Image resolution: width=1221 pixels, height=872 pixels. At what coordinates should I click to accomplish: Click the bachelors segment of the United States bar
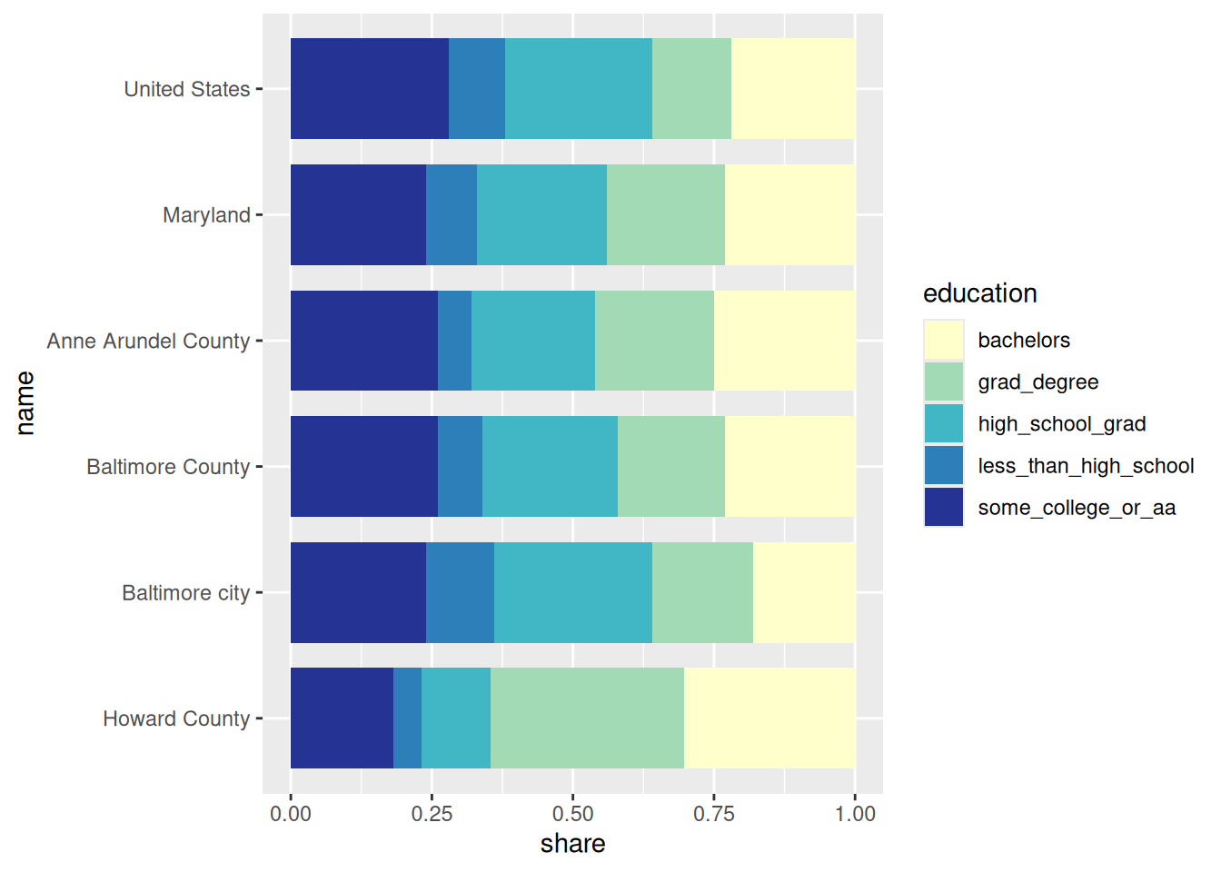792,88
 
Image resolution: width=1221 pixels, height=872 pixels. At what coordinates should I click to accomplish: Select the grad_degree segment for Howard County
587,718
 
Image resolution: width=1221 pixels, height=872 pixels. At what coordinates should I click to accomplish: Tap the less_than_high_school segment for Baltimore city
460,592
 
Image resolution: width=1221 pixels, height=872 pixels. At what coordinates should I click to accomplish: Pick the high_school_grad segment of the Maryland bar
541,214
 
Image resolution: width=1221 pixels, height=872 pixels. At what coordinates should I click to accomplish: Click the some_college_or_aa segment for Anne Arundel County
364,341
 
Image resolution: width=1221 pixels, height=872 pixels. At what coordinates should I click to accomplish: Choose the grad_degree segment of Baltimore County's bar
671,467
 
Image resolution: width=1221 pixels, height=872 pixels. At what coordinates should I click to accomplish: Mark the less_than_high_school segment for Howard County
407,718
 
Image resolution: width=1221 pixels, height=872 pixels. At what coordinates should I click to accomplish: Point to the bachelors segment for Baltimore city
803,592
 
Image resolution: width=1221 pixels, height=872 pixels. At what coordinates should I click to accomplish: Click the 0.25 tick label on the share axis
432,814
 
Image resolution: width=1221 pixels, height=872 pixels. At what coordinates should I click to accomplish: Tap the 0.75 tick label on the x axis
713,814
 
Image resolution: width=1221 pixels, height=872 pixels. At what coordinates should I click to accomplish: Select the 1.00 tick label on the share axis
855,814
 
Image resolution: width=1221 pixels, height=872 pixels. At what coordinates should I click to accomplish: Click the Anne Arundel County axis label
148,342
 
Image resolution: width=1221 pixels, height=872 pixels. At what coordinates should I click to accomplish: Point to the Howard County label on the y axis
176,718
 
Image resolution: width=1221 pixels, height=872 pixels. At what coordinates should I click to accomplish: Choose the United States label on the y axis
187,89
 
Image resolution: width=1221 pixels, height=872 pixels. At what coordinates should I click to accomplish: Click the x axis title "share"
572,844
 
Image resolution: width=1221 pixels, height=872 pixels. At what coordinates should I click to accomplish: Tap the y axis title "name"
25,403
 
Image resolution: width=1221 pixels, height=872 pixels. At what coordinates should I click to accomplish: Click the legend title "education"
979,293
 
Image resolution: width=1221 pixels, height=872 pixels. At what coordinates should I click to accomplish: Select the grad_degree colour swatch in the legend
944,382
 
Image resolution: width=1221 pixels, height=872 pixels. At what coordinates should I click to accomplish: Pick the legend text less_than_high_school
1086,466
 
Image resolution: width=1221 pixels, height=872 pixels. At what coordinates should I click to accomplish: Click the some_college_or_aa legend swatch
944,507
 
